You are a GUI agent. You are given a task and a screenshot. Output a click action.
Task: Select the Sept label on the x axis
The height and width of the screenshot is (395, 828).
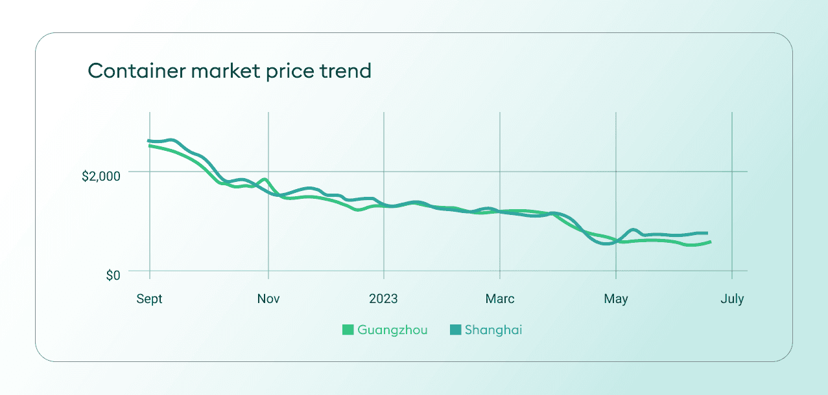149,299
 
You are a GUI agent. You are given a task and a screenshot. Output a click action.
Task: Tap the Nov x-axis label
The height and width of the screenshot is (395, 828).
268,299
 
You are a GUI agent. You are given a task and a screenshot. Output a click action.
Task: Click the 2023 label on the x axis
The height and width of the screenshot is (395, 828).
383,299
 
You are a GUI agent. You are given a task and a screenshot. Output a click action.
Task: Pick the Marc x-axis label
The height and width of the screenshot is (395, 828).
499,299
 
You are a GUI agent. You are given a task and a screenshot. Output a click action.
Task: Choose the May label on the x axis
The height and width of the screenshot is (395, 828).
615,299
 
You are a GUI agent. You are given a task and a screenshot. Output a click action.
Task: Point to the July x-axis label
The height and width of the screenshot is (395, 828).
732,299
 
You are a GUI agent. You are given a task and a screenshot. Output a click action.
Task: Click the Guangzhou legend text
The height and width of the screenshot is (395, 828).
392,330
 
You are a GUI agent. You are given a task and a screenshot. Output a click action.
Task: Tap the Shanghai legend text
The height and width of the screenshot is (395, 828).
493,330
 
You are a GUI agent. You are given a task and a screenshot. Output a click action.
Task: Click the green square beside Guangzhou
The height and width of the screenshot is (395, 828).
348,330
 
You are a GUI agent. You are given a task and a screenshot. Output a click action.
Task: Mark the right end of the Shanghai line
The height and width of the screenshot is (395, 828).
707,233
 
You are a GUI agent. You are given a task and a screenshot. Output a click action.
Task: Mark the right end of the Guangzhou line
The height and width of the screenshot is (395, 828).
711,242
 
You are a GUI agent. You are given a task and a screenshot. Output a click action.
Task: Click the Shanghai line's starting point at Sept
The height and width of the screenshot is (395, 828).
149,141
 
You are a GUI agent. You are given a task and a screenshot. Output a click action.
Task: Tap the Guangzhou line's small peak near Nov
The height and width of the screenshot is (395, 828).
264,179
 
